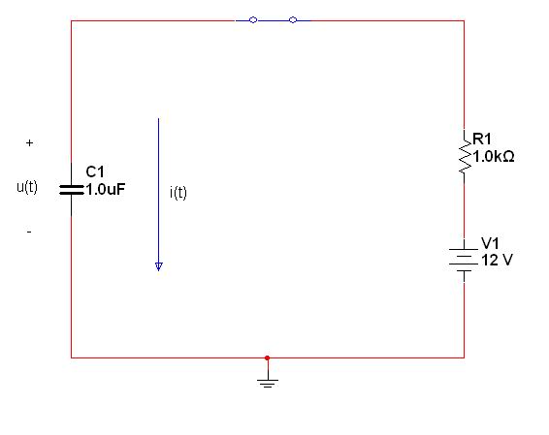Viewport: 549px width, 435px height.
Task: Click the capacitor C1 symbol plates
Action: [72, 190]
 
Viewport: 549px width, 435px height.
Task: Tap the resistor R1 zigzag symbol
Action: [465, 156]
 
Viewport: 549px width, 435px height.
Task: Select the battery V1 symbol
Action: [464, 261]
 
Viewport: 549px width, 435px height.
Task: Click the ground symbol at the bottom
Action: [268, 382]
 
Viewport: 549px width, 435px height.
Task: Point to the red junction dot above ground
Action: [267, 357]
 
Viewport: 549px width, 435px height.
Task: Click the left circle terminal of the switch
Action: [253, 20]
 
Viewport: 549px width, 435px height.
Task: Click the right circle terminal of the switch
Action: [293, 20]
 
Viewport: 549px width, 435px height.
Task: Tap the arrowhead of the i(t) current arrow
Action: [159, 266]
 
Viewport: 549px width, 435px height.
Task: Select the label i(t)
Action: [178, 193]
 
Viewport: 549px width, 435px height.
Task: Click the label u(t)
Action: [27, 187]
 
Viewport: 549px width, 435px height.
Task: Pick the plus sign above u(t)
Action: [29, 142]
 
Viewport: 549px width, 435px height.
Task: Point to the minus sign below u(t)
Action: [29, 232]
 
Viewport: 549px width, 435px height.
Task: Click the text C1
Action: [95, 172]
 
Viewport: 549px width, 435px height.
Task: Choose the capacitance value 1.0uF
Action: [106, 189]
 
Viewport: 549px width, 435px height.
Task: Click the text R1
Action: [482, 140]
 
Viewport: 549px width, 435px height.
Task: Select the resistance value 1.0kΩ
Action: [494, 156]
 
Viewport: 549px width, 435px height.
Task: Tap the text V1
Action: [490, 242]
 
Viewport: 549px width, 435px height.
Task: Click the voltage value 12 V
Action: [497, 260]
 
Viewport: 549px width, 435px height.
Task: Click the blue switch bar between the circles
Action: [274, 20]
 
